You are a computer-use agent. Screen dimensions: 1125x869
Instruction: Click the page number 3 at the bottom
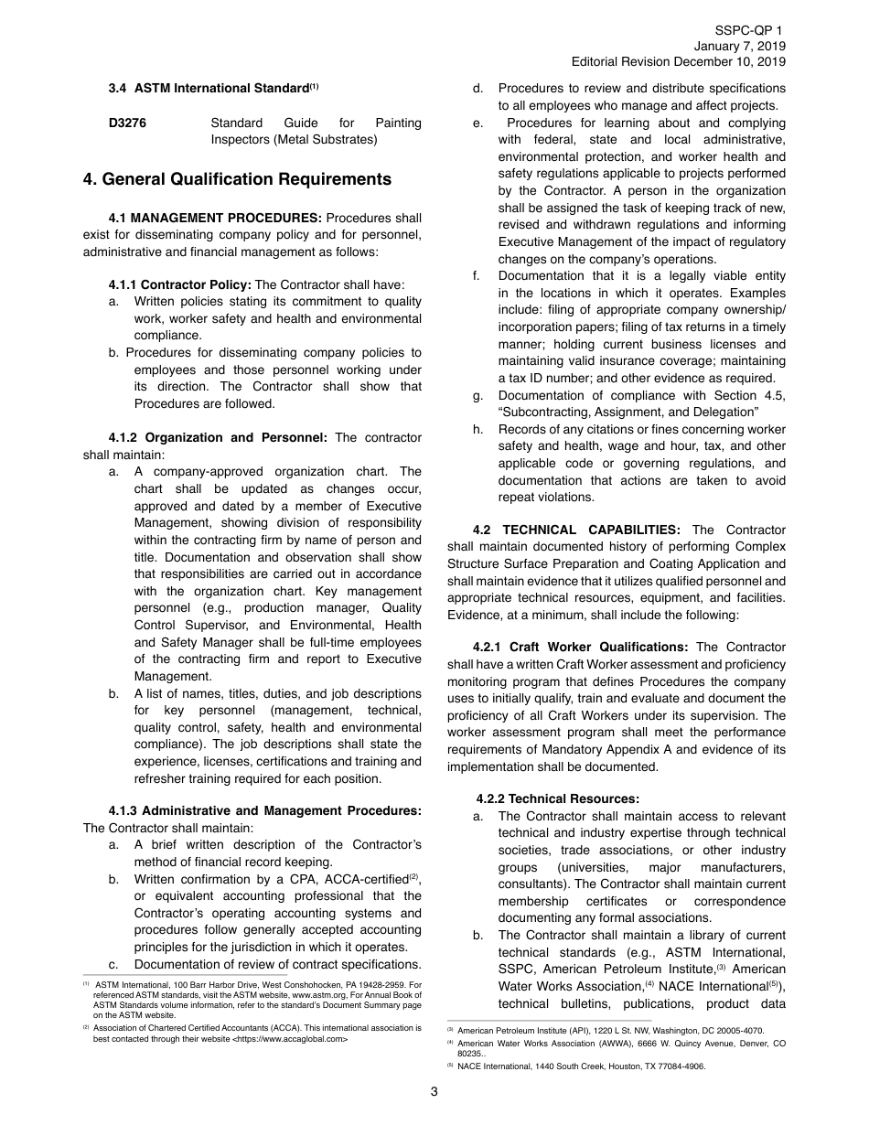pos(434,1091)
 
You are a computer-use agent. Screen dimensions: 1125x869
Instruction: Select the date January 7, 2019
pos(738,47)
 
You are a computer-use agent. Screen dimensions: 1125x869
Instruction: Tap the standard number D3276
pos(127,123)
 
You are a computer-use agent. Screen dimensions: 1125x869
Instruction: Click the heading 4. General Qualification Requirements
pos(237,179)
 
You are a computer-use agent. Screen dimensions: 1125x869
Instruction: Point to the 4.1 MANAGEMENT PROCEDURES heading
pos(215,219)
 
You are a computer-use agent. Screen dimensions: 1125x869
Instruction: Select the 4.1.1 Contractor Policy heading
pos(179,284)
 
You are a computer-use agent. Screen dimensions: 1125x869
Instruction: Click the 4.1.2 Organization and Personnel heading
pos(218,437)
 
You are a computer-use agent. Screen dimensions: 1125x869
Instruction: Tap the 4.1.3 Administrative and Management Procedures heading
pos(265,810)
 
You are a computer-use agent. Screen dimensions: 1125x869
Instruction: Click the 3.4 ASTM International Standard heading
pos(213,89)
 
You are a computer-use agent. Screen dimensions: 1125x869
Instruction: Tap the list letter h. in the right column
pos(477,429)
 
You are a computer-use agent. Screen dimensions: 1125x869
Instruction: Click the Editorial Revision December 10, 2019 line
pos(678,63)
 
